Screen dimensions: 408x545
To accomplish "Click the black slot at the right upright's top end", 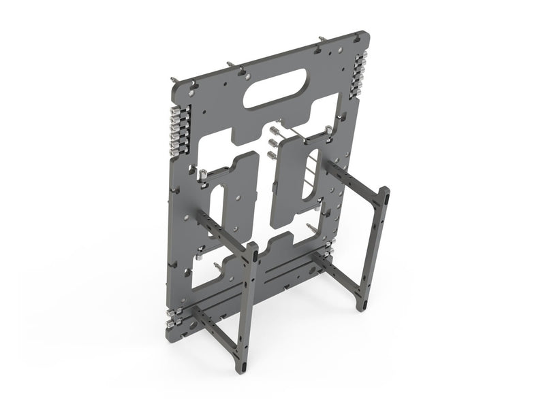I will pyautogui.click(x=386, y=197).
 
